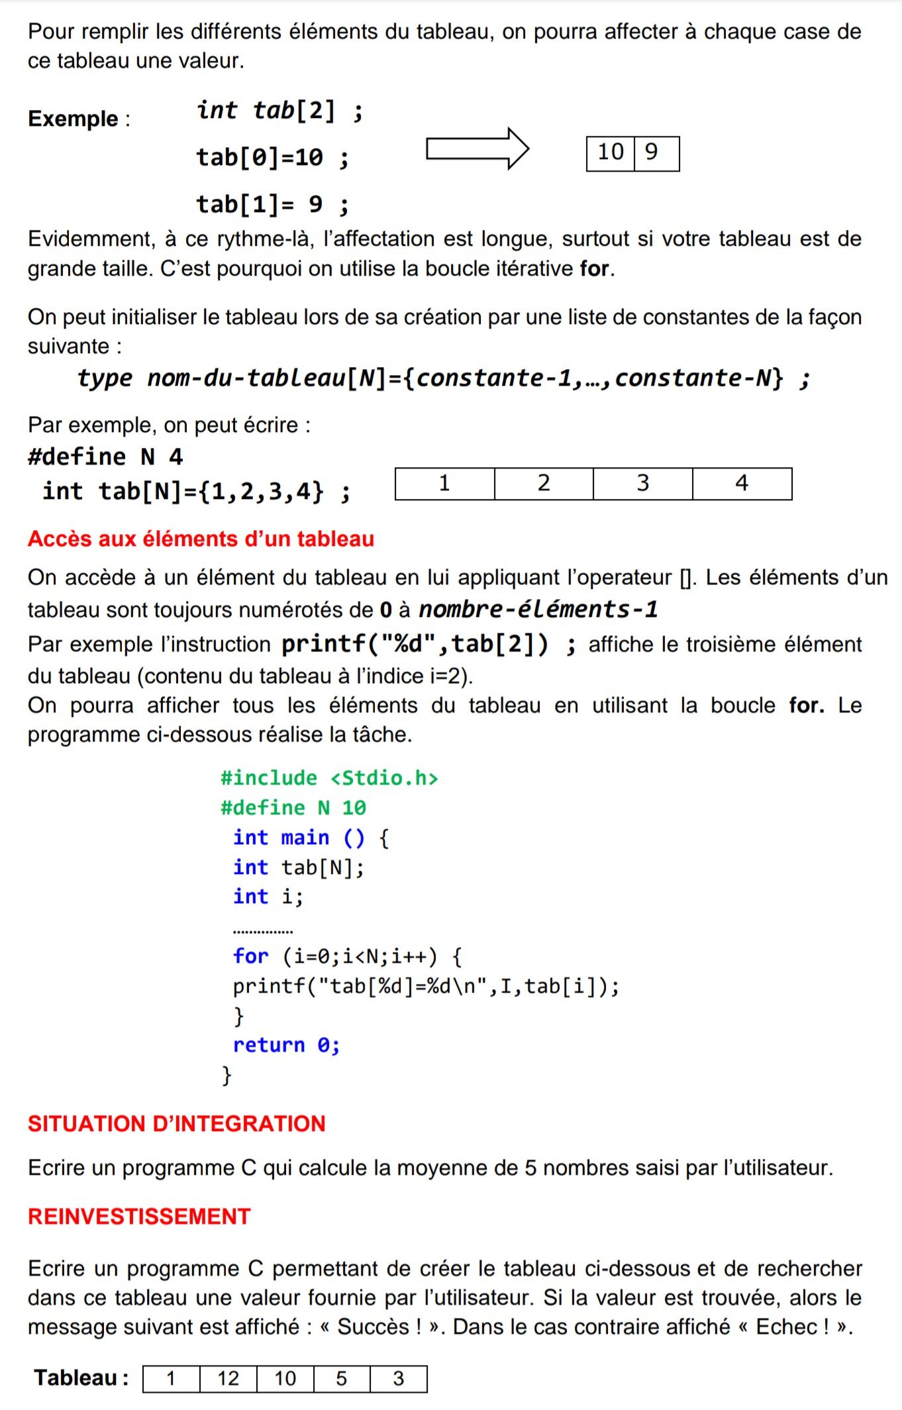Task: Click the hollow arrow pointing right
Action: [477, 148]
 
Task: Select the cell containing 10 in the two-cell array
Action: [611, 153]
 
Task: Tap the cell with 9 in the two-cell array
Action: [656, 153]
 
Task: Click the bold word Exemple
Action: [73, 119]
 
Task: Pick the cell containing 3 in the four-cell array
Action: [642, 484]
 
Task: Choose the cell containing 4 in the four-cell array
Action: [742, 484]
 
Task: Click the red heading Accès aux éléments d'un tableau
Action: [201, 539]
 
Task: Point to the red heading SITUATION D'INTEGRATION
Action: [176, 1124]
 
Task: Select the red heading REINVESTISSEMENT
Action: [139, 1217]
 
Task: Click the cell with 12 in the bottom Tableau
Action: [228, 1379]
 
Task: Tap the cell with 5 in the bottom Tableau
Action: [342, 1379]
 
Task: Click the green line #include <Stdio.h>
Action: [329, 778]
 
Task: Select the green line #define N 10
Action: [293, 808]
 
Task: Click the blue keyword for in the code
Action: [250, 956]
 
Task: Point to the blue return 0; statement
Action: [286, 1045]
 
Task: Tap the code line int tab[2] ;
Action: [279, 111]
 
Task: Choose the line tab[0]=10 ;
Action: [272, 158]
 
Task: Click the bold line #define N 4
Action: [105, 457]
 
